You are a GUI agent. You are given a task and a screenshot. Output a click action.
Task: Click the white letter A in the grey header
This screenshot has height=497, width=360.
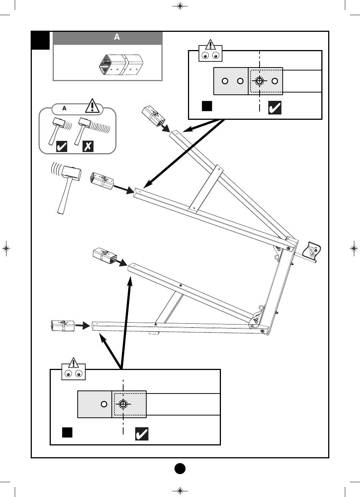click(117, 37)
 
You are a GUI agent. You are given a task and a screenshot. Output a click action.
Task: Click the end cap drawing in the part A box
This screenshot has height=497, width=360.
click(121, 65)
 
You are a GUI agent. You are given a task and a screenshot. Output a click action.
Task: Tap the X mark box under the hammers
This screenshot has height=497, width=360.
click(88, 146)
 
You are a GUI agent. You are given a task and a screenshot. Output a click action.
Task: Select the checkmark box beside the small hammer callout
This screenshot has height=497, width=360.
click(62, 146)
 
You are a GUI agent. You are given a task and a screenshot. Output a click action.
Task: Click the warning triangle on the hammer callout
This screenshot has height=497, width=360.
click(92, 106)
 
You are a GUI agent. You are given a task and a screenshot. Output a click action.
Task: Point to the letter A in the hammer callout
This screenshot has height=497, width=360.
click(64, 108)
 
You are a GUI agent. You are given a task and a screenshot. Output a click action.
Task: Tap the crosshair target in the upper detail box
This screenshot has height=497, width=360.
click(259, 81)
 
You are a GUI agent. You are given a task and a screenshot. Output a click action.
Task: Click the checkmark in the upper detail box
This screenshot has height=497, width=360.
click(275, 108)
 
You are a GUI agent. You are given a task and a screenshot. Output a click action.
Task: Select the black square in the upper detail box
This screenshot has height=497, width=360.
click(207, 106)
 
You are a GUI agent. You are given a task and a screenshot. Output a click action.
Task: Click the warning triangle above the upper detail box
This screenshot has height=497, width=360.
click(210, 44)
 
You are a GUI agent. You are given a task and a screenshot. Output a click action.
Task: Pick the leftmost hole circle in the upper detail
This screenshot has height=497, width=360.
click(225, 81)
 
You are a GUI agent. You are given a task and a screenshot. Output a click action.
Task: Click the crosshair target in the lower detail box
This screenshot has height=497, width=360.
click(123, 404)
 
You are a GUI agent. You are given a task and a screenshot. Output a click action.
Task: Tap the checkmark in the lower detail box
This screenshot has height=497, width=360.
click(142, 434)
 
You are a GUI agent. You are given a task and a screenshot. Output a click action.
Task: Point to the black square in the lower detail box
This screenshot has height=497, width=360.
click(67, 433)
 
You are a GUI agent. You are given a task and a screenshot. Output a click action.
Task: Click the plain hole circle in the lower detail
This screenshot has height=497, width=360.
click(104, 404)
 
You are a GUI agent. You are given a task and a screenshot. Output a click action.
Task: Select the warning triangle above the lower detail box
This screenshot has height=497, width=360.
click(73, 363)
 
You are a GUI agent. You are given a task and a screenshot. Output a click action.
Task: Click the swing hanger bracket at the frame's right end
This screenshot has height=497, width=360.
click(313, 250)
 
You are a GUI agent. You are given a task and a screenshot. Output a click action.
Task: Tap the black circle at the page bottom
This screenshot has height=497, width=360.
click(180, 469)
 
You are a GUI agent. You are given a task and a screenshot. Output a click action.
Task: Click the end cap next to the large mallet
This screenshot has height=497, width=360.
click(102, 181)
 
